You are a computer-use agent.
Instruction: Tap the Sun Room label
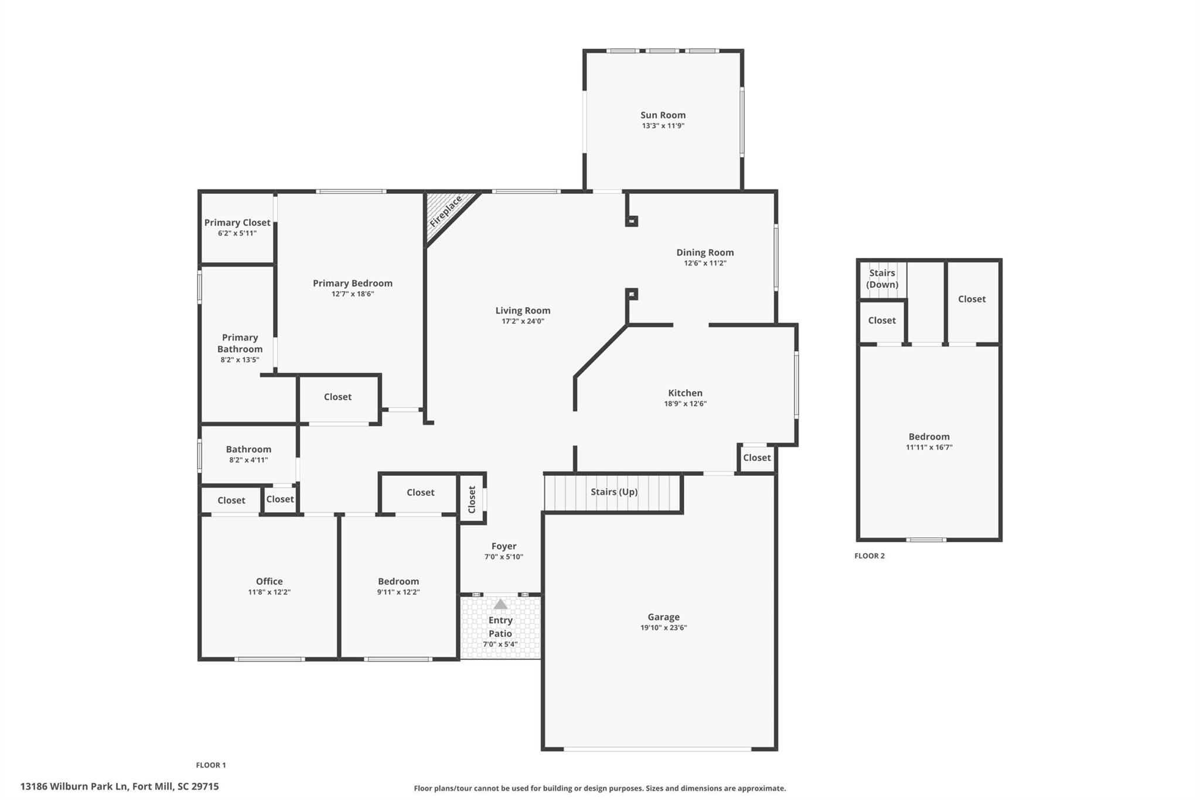[x=663, y=115]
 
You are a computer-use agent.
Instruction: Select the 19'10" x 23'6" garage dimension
[x=663, y=628]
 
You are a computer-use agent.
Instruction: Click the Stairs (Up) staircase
[x=613, y=492]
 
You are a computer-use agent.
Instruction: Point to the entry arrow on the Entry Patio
[x=500, y=604]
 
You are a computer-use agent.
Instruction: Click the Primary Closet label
[x=237, y=223]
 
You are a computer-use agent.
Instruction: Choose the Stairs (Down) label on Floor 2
[x=882, y=279]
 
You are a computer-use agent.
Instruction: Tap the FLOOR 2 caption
[x=870, y=556]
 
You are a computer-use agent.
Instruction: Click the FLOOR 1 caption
[x=211, y=765]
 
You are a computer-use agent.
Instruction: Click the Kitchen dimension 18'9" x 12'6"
[x=685, y=404]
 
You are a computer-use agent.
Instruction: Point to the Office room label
[x=269, y=581]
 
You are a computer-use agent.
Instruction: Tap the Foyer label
[x=503, y=546]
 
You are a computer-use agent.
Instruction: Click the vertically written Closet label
[x=472, y=499]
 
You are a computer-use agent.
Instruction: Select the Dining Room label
[x=705, y=253]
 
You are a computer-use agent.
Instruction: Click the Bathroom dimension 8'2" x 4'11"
[x=248, y=460]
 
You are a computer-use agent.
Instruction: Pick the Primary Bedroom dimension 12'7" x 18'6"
[x=352, y=294]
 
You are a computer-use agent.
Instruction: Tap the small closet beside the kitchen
[x=756, y=458]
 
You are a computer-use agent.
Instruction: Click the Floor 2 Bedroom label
[x=929, y=437]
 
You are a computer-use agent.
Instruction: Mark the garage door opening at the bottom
[x=657, y=748]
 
